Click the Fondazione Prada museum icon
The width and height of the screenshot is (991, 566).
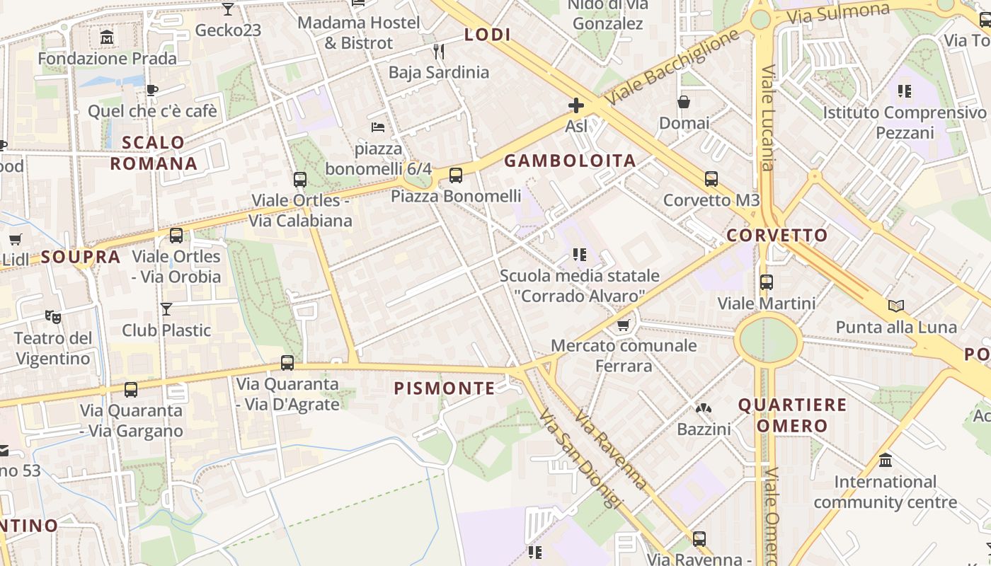click(x=107, y=37)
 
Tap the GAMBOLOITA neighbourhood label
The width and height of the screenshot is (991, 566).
click(x=570, y=161)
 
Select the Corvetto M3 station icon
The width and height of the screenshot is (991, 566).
click(x=711, y=179)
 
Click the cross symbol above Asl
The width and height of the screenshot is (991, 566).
click(x=576, y=106)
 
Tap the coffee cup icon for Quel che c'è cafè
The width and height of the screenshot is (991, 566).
click(x=151, y=90)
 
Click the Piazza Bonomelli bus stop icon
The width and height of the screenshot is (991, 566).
click(x=456, y=175)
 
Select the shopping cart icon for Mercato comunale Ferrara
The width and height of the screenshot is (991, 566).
click(x=623, y=325)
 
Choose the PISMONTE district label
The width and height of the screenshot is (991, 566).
click(x=445, y=388)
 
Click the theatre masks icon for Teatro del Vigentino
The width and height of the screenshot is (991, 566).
click(x=53, y=316)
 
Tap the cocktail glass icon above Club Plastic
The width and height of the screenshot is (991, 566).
click(x=166, y=309)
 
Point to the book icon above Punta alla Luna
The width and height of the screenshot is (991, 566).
click(x=896, y=306)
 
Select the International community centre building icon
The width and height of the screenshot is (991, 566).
click(x=885, y=461)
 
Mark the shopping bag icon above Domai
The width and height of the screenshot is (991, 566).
click(x=684, y=103)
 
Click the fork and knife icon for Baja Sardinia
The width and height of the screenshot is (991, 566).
click(x=439, y=51)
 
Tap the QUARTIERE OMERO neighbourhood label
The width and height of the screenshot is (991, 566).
click(x=792, y=415)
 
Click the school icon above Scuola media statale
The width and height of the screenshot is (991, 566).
click(x=580, y=255)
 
